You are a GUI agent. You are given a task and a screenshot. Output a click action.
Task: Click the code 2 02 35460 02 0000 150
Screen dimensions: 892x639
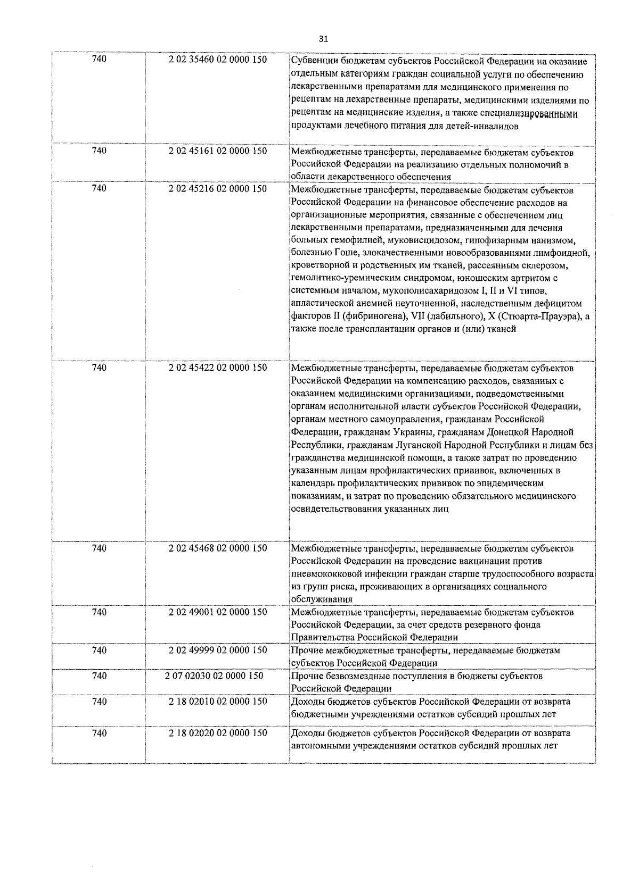coord(218,60)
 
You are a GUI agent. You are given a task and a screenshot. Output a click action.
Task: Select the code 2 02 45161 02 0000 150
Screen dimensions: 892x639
coord(218,151)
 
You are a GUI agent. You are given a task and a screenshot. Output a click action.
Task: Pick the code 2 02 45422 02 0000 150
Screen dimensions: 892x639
coord(218,368)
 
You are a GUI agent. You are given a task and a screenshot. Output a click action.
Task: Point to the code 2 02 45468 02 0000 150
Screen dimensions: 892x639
coord(218,548)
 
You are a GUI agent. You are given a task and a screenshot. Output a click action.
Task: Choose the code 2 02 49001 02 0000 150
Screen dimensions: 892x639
coord(218,612)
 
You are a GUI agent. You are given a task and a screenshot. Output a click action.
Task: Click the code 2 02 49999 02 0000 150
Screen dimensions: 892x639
coord(218,650)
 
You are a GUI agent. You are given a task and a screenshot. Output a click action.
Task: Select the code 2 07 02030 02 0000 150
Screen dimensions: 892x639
coord(214,676)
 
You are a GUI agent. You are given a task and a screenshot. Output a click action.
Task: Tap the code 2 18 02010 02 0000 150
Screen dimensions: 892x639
coord(218,701)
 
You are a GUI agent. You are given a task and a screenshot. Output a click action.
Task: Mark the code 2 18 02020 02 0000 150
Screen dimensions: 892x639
coord(218,733)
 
